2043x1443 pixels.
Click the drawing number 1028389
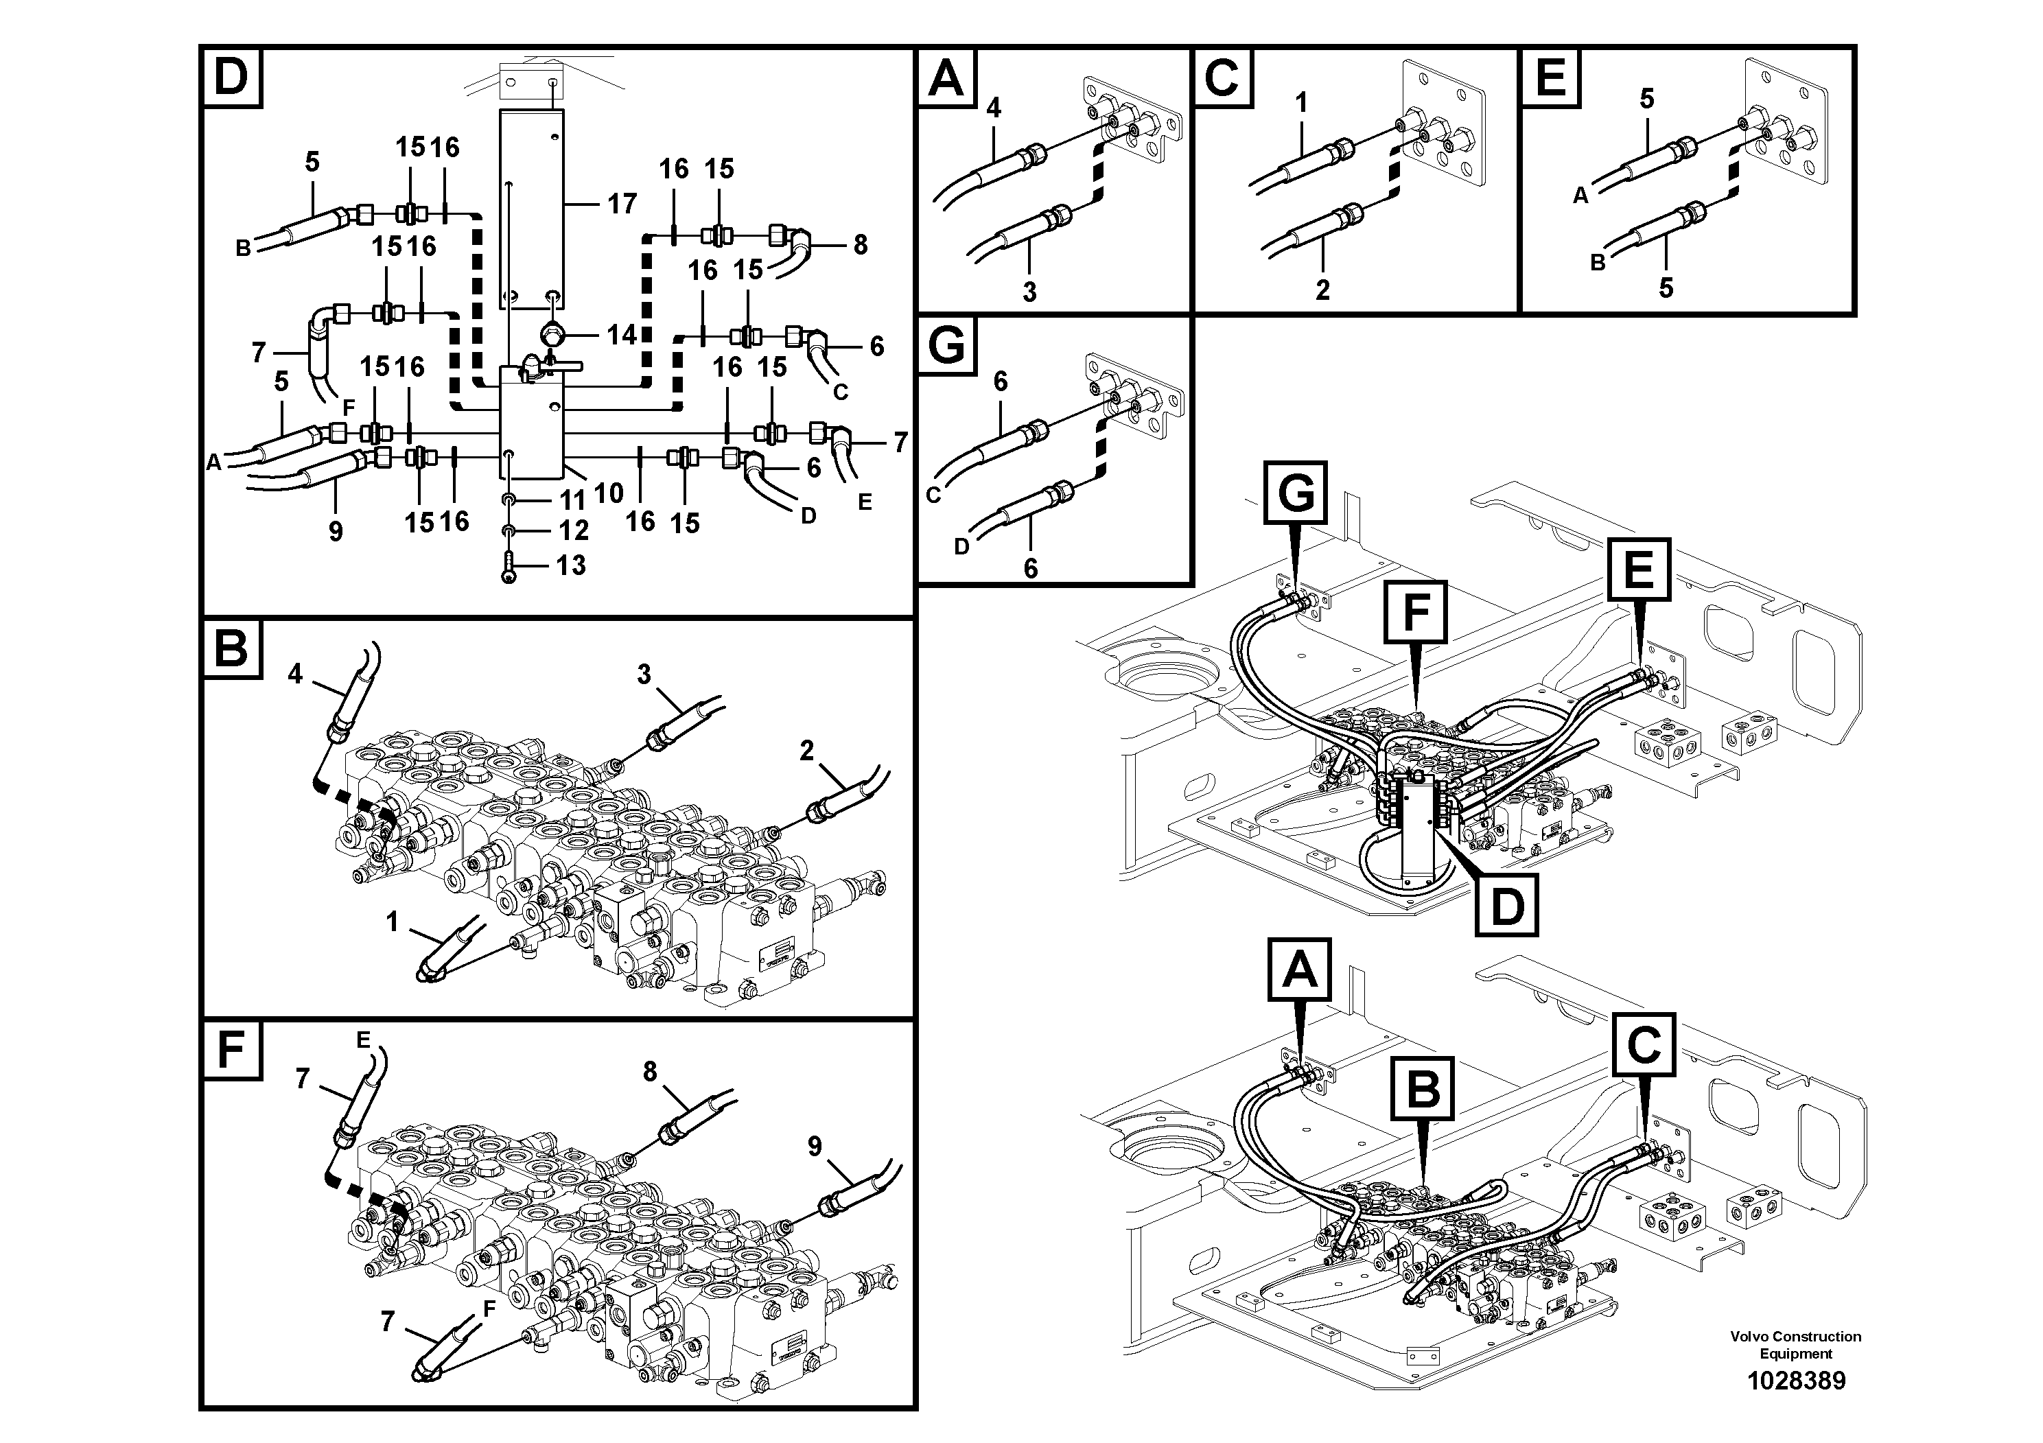1796,1380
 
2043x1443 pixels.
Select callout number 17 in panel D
621,204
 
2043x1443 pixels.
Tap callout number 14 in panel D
621,335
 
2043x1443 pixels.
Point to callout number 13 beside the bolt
570,565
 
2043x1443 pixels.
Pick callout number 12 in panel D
573,530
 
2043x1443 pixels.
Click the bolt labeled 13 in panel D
508,567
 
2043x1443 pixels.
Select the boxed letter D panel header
231,78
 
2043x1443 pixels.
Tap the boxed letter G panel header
946,345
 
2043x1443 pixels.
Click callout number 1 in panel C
1301,103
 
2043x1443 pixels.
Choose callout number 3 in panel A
1029,291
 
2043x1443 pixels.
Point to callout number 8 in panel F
650,1072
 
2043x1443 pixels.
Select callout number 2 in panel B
806,751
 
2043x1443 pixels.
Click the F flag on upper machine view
1415,612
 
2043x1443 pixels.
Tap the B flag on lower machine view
1422,1088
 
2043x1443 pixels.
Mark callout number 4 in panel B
294,673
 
